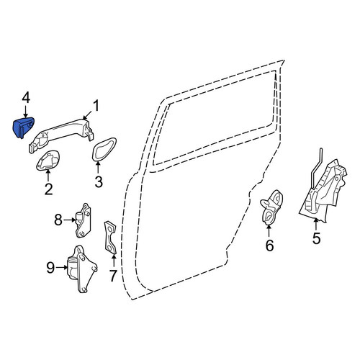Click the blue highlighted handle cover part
click(x=22, y=127)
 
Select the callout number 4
click(x=26, y=99)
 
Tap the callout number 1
click(x=96, y=106)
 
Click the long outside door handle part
click(x=61, y=134)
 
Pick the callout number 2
click(x=49, y=189)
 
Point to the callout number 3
click(x=99, y=181)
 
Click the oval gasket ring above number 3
click(x=104, y=149)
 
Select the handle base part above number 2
click(x=48, y=161)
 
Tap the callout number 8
click(x=58, y=220)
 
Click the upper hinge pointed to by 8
click(x=83, y=220)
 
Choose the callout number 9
click(x=50, y=268)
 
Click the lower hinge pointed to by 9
click(x=81, y=269)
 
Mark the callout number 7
click(x=113, y=276)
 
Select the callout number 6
click(x=269, y=246)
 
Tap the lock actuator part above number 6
click(x=271, y=207)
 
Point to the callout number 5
click(x=317, y=238)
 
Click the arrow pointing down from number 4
click(x=25, y=112)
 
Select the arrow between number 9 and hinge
click(x=62, y=267)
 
